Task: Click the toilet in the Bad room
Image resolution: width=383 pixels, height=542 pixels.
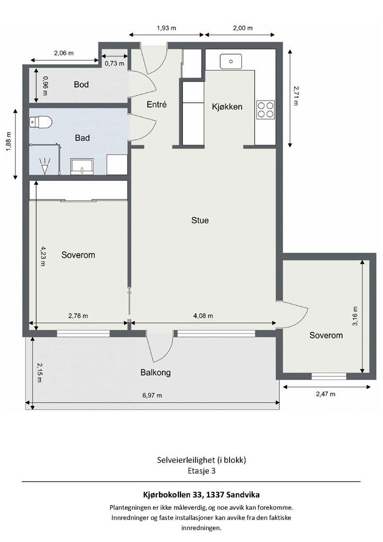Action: click(41, 122)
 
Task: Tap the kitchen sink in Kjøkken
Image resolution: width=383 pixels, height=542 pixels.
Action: click(231, 61)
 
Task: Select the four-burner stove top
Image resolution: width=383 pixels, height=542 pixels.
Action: click(266, 110)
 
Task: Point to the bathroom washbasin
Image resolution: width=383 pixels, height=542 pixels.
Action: click(82, 166)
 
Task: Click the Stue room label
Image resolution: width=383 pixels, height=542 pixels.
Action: click(200, 220)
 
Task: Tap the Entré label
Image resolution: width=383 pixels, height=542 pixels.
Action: click(157, 104)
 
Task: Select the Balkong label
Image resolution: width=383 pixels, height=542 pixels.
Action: click(156, 373)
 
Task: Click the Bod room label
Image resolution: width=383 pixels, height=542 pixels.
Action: click(81, 84)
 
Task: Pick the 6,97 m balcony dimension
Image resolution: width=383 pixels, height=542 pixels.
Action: click(152, 395)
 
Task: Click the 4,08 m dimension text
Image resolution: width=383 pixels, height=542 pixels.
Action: click(203, 315)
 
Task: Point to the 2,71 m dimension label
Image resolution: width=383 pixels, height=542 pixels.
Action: click(296, 96)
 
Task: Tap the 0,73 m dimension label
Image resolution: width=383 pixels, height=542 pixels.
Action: click(114, 64)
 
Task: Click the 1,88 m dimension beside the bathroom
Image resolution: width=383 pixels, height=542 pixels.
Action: click(8, 142)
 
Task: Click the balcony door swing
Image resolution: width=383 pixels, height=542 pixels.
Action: click(160, 346)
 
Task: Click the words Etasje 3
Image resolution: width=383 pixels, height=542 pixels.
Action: click(202, 471)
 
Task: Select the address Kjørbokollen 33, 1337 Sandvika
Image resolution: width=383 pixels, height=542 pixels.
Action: click(202, 495)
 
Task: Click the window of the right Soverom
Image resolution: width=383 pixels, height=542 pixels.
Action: click(329, 376)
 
